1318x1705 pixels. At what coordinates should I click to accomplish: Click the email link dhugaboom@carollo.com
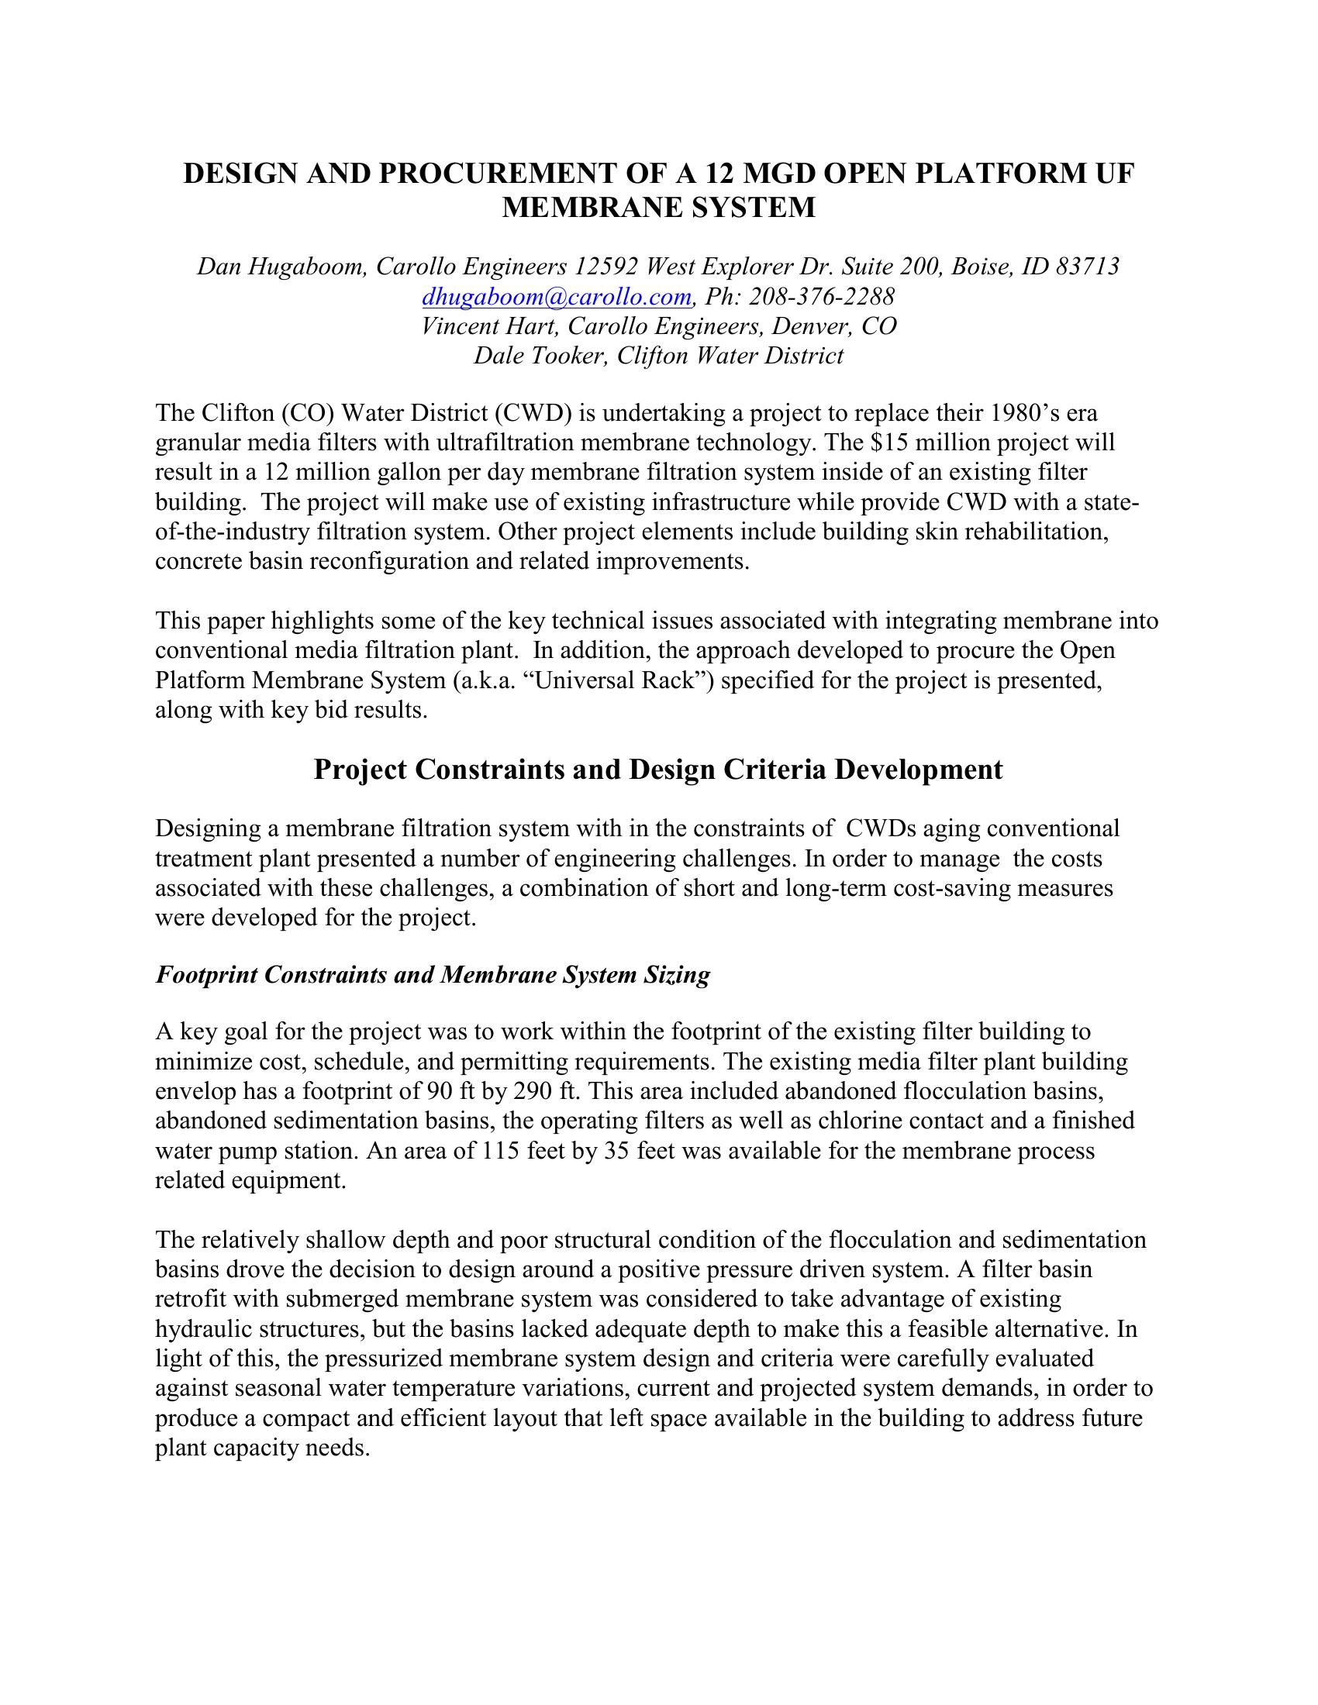556,297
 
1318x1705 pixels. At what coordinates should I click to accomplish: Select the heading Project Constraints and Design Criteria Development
658,770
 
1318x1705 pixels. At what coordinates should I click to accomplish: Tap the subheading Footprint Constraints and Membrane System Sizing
433,975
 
